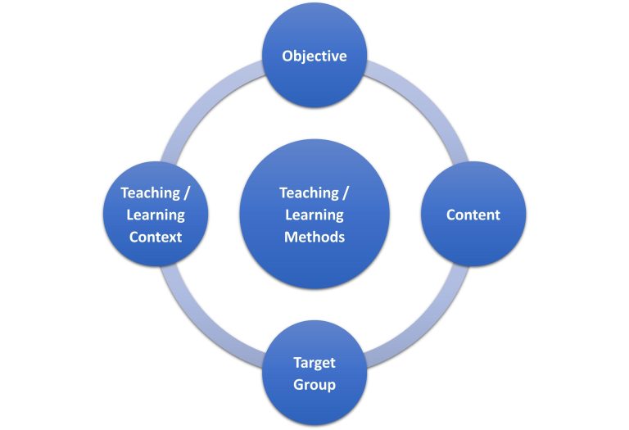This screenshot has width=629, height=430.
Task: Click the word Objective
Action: (314, 57)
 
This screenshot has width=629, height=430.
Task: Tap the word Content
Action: (473, 215)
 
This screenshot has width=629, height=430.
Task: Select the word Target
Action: (314, 363)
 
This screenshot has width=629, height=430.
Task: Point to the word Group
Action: (314, 384)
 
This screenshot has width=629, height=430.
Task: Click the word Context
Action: (156, 237)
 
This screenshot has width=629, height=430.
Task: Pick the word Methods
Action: (314, 237)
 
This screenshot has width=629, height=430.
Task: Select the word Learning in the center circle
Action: (314, 215)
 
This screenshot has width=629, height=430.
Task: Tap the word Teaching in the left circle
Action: (149, 193)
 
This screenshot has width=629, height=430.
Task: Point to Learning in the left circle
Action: (156, 215)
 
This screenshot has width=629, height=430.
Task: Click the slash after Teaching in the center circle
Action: (346, 193)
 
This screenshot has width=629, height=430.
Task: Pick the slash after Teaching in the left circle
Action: (187, 193)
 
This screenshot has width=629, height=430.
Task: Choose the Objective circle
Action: (314, 82)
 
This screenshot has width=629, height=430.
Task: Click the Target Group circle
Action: (314, 405)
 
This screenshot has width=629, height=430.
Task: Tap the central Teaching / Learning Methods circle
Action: (314, 262)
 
